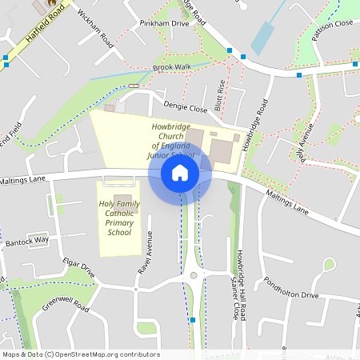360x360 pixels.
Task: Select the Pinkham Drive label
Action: tap(163, 24)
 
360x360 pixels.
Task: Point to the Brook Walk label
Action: tap(172, 66)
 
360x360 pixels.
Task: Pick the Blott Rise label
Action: tap(221, 94)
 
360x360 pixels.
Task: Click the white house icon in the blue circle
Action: tap(180, 172)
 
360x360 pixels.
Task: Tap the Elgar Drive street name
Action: tap(78, 269)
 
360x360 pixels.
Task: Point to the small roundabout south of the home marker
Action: tap(193, 276)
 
